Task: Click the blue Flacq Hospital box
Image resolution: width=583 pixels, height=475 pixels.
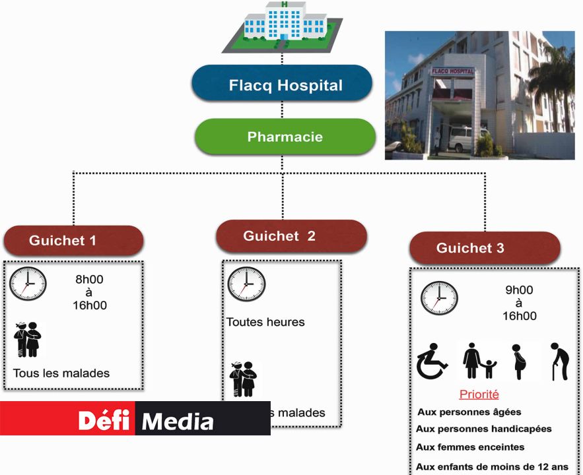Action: click(282, 84)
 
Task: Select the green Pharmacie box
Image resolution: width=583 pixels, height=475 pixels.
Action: click(285, 137)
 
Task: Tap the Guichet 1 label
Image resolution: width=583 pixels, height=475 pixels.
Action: click(73, 241)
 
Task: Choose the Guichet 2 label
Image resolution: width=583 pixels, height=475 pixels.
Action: click(291, 236)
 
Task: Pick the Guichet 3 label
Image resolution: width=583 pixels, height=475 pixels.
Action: click(484, 248)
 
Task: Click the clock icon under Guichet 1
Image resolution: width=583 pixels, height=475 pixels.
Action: click(28, 284)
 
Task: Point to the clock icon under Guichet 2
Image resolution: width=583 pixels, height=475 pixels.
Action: click(246, 284)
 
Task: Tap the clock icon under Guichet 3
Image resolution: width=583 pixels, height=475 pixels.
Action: click(439, 298)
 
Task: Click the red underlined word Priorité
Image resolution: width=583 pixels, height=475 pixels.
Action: click(479, 395)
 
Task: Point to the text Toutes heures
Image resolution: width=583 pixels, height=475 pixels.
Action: click(265, 322)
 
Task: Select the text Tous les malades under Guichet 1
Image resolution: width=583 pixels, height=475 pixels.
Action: click(61, 373)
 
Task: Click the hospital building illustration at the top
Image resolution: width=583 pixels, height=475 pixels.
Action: click(285, 26)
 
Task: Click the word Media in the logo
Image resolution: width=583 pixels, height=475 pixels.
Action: click(178, 420)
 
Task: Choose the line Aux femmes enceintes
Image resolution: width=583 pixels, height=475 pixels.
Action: click(470, 447)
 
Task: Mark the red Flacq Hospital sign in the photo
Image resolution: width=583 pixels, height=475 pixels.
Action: click(452, 70)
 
